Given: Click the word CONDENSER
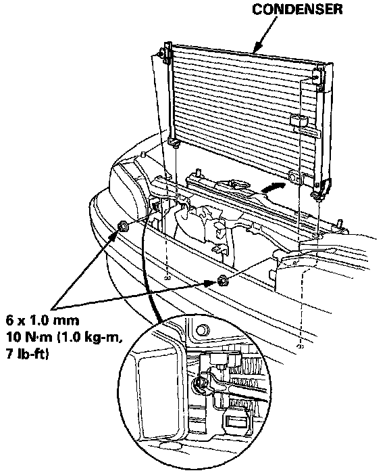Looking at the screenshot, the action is (x=297, y=9).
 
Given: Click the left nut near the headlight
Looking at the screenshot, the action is (x=123, y=226).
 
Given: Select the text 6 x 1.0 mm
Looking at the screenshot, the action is (x=43, y=320).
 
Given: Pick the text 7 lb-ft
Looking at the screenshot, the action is (x=27, y=354).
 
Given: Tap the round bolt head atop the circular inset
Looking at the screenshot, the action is (x=203, y=330).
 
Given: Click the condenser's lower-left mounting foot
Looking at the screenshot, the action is (x=174, y=142).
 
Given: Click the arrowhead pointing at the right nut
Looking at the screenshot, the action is (x=211, y=284).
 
